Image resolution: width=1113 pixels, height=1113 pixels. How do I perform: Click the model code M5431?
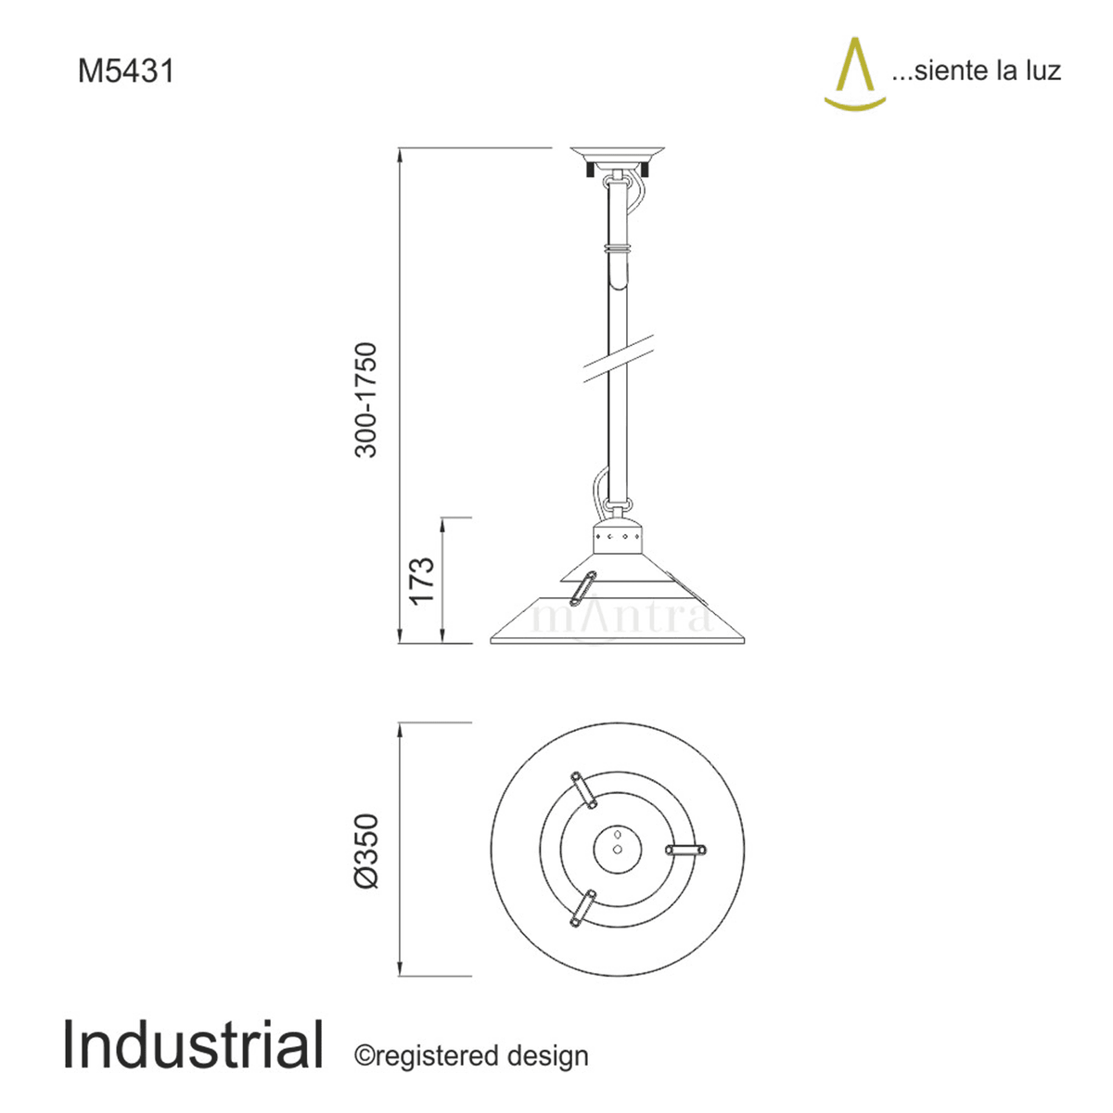tap(126, 71)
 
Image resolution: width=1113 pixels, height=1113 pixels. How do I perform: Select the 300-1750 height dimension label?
tap(367, 400)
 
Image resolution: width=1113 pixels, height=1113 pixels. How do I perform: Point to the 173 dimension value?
tap(422, 581)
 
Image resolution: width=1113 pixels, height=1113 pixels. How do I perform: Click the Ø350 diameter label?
tap(367, 851)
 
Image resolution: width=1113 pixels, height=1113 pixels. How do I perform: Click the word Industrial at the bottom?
tap(193, 1045)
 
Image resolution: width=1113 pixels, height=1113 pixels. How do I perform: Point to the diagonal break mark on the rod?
tap(617, 359)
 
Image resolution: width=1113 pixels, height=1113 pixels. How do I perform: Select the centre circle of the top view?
tap(618, 849)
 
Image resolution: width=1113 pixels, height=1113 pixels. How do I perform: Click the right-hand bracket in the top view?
tap(686, 849)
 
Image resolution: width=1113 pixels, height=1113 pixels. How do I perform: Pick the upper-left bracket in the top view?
tap(583, 790)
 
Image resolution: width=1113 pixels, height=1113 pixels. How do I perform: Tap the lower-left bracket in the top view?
tap(583, 908)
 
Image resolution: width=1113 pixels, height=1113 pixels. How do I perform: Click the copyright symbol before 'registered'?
tap(363, 1056)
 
